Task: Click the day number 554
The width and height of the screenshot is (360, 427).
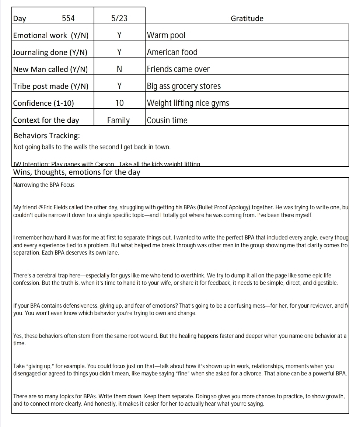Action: coord(68,18)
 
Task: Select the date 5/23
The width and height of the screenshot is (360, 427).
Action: coord(119,18)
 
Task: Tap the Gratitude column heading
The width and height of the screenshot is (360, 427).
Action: coord(247,18)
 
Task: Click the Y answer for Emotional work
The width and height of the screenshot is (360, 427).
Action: coord(119,35)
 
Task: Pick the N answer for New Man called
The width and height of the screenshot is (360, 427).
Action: coord(119,69)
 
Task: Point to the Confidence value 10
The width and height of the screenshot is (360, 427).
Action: coord(119,103)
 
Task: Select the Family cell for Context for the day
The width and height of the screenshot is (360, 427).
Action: coord(118,120)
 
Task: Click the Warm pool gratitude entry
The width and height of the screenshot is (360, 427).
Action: coord(166,35)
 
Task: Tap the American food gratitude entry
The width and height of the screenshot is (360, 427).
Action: coord(172,52)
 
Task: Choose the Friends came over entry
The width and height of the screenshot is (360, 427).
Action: coord(178,69)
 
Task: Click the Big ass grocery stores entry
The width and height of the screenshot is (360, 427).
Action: coord(184,86)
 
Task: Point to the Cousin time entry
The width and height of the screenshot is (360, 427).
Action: coord(167,120)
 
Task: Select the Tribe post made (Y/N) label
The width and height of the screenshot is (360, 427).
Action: coord(51,86)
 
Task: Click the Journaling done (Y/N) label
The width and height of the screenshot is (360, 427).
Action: coord(50,52)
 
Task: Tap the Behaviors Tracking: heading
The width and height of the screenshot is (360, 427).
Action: coord(47,136)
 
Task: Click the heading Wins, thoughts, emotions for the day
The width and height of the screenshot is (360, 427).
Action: coord(77,172)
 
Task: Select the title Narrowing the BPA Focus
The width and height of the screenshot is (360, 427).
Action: coord(44,185)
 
